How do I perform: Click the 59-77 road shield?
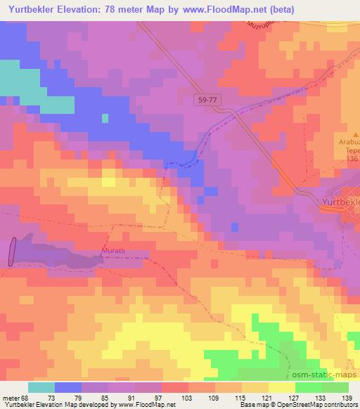pyautogui.click(x=207, y=101)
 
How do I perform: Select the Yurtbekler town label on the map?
pyautogui.click(x=340, y=202)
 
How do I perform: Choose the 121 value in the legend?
pyautogui.click(x=265, y=398)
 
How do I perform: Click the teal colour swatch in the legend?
pyautogui.click(x=41, y=387)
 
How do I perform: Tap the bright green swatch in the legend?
pyautogui.click(x=309, y=387)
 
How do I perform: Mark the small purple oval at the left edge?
pyautogui.click(x=12, y=252)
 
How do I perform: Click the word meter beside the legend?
pyautogui.click(x=11, y=398)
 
